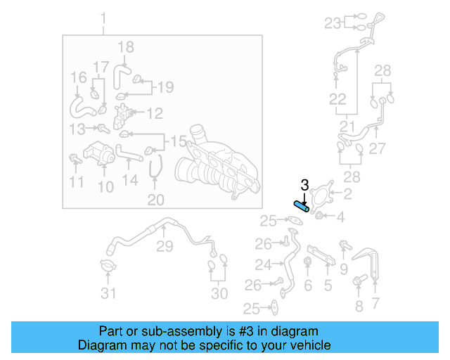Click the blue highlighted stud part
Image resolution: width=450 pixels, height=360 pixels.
301,207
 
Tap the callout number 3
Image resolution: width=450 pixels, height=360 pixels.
304,186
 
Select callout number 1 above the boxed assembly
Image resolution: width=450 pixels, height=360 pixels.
104,18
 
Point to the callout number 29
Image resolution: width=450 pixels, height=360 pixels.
165,247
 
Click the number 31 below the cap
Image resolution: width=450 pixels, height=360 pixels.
108,293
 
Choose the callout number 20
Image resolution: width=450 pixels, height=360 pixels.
155,200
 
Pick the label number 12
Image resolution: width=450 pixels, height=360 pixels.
154,112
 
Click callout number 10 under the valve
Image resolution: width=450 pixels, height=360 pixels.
105,186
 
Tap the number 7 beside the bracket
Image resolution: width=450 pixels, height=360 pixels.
375,304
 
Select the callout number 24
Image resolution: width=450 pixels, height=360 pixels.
263,265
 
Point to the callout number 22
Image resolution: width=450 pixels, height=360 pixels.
338,99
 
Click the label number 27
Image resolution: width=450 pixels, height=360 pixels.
378,149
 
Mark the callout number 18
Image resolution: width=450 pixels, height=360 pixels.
125,47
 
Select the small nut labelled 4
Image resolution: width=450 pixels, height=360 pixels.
319,215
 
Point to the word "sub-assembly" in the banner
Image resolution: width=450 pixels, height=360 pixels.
163,331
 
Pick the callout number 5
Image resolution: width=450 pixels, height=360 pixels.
328,285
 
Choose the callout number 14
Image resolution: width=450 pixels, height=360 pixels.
130,180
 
